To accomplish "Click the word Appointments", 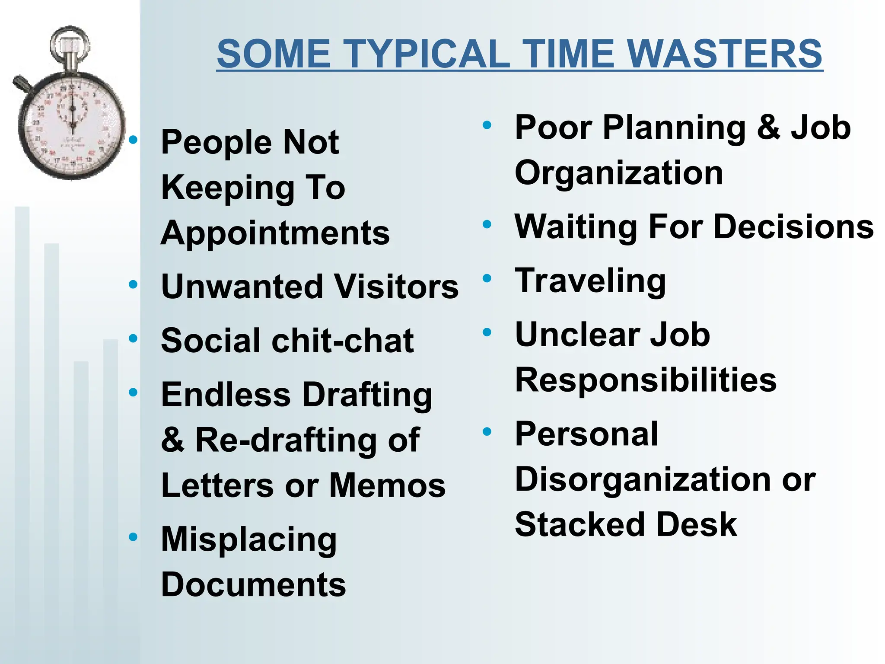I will tap(275, 233).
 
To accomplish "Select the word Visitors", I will tap(396, 287).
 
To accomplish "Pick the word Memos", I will tap(387, 485).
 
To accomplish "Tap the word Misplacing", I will tap(249, 540).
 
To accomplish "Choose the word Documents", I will tap(253, 585).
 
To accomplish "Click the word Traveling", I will tap(590, 281).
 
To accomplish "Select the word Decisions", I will tap(793, 227).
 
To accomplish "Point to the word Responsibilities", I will tap(646, 380).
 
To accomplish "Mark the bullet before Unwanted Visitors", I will tap(133, 284).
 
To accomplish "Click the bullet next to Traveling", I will tap(487, 278).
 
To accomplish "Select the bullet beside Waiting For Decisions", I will tap(487, 224).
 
